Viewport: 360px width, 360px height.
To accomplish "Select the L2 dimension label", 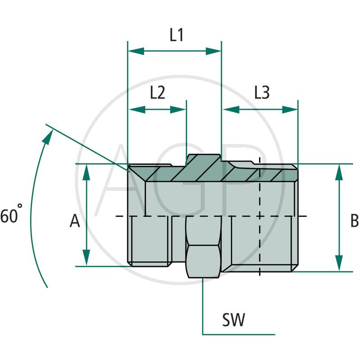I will pos(157,93).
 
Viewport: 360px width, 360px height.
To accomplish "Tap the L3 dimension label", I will pos(261,93).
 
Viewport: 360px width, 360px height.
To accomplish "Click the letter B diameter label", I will pos(354,221).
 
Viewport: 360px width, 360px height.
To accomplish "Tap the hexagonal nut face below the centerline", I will pos(203,261).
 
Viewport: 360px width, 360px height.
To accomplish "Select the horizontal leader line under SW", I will pos(238,334).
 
